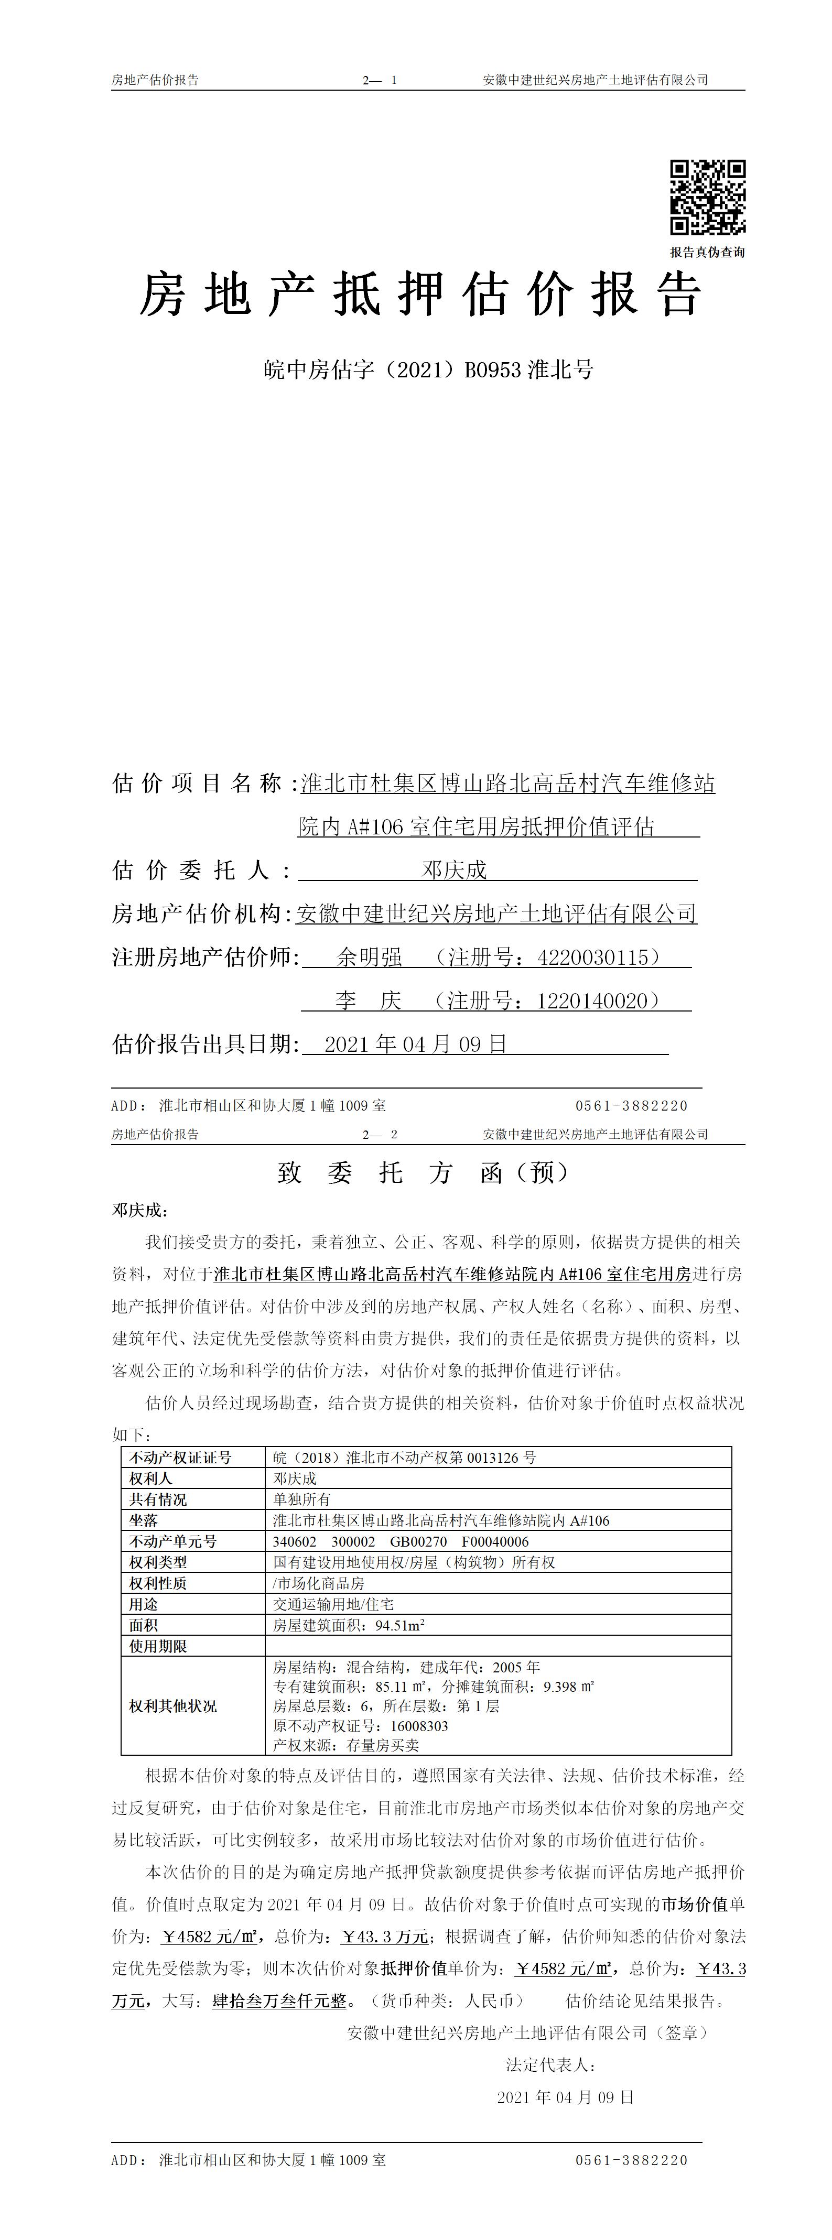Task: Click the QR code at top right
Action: pos(707,198)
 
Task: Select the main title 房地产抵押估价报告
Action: pos(421,295)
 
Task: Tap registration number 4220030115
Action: pos(593,958)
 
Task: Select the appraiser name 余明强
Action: pos(370,958)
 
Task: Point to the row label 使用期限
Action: pos(158,1646)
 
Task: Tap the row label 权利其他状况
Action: pos(173,1706)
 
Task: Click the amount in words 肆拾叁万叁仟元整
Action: pos(280,2001)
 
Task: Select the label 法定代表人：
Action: pos(550,2065)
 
